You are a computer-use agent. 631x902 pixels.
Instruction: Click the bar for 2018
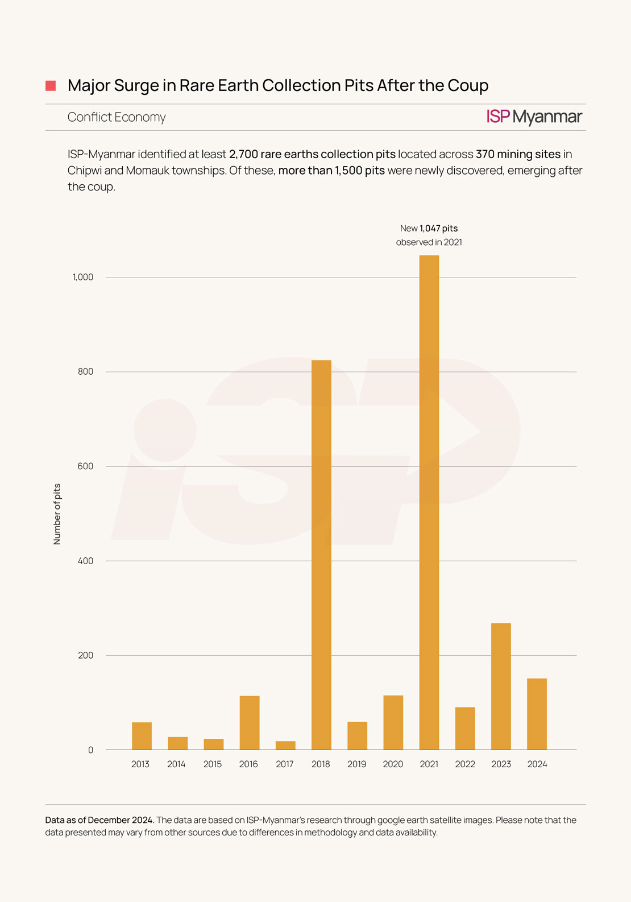(321, 555)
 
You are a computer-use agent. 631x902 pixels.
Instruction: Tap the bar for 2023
(501, 686)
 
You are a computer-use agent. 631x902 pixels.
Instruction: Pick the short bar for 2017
(285, 746)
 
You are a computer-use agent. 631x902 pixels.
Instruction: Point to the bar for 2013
(142, 736)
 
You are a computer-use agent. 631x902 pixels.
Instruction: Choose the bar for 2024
(537, 714)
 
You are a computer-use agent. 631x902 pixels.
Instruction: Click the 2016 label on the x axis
(248, 764)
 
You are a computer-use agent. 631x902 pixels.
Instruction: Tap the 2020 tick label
(393, 764)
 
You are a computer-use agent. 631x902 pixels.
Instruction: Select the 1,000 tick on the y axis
(83, 277)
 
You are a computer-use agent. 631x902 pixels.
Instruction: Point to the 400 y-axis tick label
(86, 561)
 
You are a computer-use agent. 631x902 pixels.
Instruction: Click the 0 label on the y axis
(90, 750)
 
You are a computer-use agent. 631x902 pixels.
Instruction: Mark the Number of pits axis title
(57, 514)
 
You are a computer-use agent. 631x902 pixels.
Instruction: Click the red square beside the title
(51, 86)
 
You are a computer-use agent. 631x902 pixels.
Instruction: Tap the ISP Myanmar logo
(534, 117)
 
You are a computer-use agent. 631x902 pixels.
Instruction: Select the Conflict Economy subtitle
(117, 117)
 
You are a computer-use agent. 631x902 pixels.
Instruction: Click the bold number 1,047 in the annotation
(430, 228)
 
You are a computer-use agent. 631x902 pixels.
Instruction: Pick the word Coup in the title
(468, 85)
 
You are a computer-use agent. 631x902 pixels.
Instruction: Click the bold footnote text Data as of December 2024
(99, 820)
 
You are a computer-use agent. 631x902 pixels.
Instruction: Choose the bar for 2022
(465, 729)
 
